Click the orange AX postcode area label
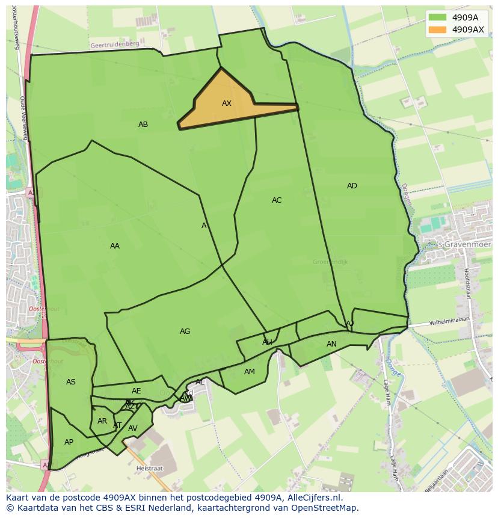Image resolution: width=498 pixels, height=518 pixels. (227, 103)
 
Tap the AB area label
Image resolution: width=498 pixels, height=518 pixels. (143, 125)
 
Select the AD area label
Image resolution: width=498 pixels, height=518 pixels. (352, 186)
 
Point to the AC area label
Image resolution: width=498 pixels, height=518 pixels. (277, 200)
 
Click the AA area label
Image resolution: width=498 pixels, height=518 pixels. (115, 246)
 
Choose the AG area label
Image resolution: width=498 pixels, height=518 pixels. (185, 331)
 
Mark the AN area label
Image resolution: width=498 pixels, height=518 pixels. (331, 344)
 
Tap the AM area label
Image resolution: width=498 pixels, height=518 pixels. (250, 372)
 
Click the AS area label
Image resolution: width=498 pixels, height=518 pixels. (71, 382)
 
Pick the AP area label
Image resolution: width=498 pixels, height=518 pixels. (69, 442)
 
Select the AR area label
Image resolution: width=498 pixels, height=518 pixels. (102, 421)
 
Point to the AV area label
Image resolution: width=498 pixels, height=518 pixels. (133, 428)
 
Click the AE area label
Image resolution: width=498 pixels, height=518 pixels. (137, 391)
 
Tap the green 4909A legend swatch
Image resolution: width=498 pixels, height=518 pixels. (437, 18)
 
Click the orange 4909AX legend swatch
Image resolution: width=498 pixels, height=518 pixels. (437, 29)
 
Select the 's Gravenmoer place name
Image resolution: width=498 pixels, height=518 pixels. (464, 245)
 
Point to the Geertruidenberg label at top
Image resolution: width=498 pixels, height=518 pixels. (114, 45)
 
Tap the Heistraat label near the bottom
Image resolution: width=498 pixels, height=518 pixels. (150, 467)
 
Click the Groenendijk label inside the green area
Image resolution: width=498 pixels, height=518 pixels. (330, 262)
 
